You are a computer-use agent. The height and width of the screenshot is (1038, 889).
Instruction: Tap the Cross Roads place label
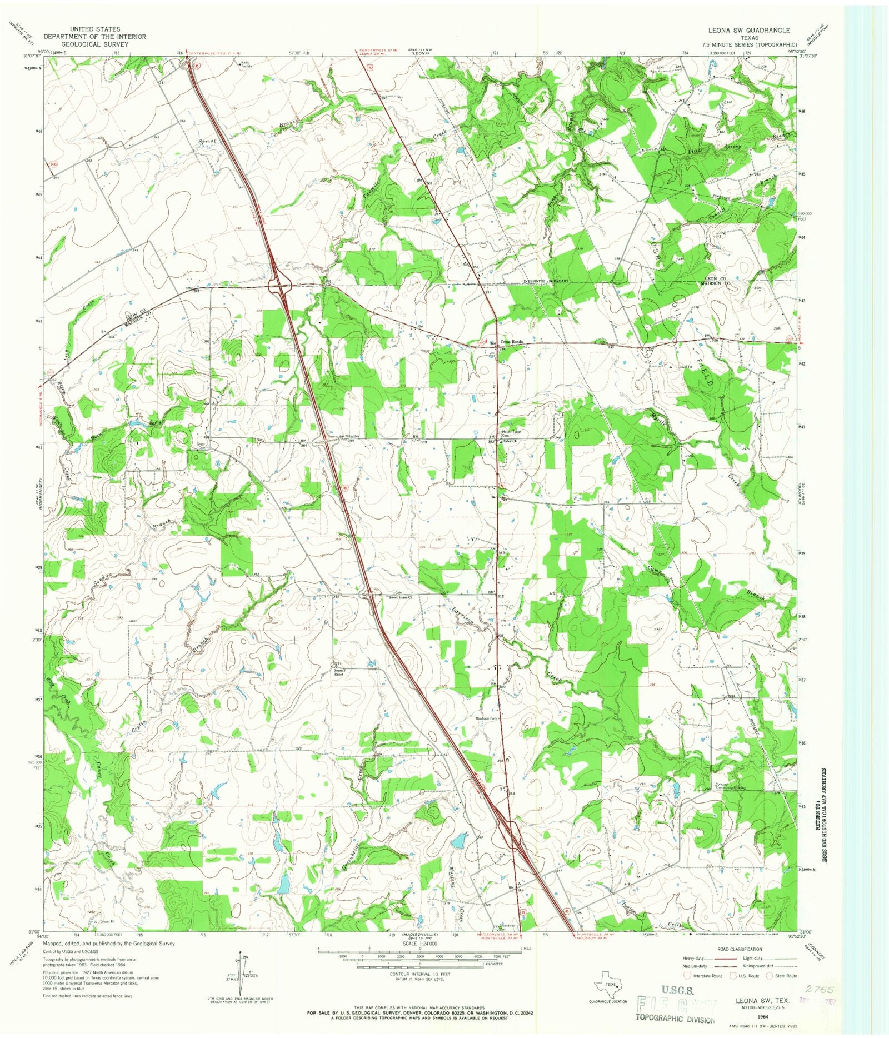pyautogui.click(x=511, y=342)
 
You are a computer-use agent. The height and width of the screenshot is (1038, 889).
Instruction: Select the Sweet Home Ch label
pyautogui.click(x=400, y=598)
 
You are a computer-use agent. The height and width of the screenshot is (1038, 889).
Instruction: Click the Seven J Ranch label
pyautogui.click(x=340, y=667)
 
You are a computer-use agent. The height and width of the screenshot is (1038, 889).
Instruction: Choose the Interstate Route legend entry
pyautogui.click(x=705, y=976)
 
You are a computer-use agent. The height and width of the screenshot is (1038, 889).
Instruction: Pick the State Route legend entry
pyautogui.click(x=782, y=976)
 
